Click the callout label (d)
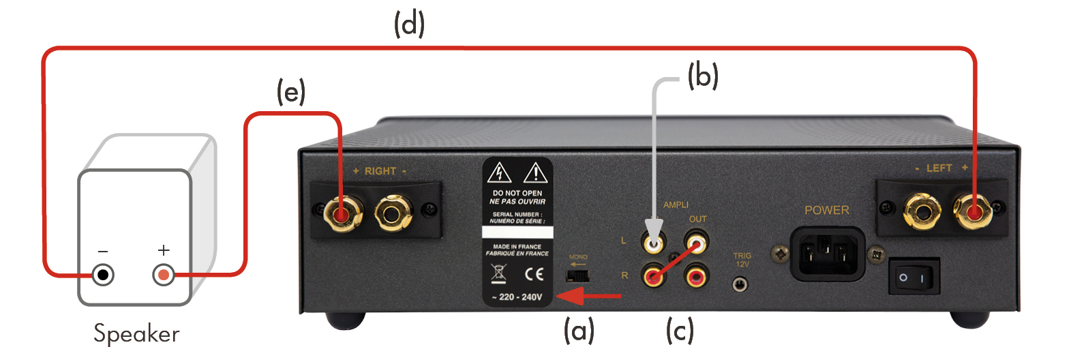pos(409,25)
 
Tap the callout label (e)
pos(290,91)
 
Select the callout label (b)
pos(703,76)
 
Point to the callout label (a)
pos(579,331)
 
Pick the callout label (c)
pos(680,331)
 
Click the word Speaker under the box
pos(136,334)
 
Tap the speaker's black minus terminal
pos(103,275)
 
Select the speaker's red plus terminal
pos(164,275)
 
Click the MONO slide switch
pos(577,276)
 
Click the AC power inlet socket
pos(827,254)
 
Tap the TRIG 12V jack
pos(740,285)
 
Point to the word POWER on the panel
pos(827,211)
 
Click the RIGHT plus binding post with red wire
pos(342,213)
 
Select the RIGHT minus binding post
pos(393,213)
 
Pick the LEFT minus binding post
pos(922,211)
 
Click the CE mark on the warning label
pos(534,274)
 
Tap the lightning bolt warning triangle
pos(499,172)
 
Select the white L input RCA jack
pos(654,243)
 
